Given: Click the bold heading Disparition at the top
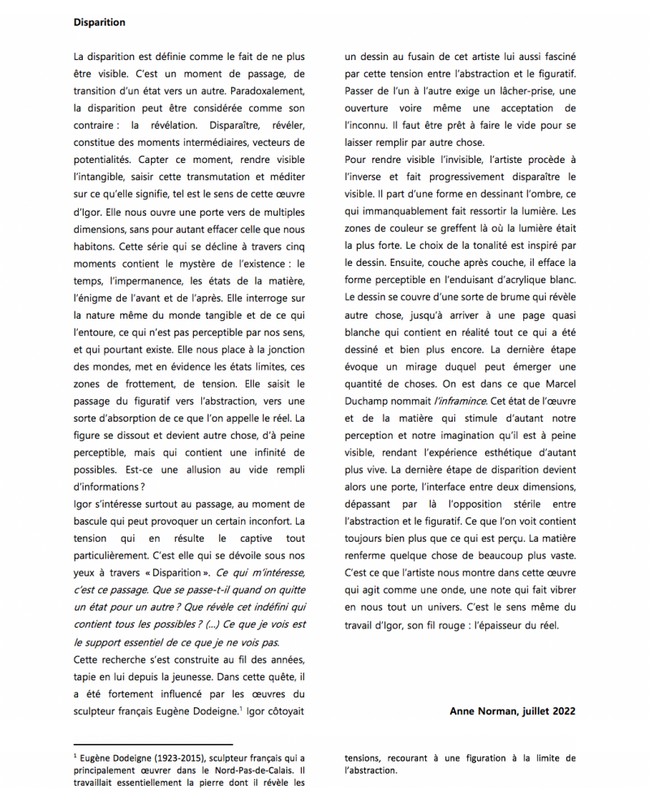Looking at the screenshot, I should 99,23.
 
